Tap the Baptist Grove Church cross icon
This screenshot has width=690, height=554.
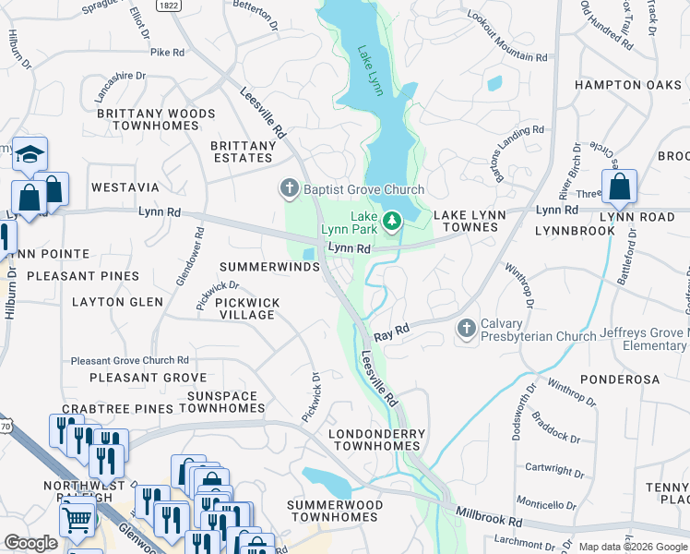(x=289, y=189)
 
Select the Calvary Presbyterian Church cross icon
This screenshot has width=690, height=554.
(x=467, y=329)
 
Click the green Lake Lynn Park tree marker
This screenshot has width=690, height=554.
(x=392, y=221)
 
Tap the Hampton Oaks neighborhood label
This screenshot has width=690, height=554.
(x=627, y=85)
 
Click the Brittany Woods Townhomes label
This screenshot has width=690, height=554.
(x=156, y=120)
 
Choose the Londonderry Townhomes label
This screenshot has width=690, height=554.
(x=377, y=440)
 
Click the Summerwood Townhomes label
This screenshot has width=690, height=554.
(x=332, y=511)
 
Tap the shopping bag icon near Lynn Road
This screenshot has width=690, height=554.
(x=620, y=187)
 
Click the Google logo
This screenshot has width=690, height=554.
(x=31, y=543)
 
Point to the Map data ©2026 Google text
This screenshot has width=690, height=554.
(x=632, y=547)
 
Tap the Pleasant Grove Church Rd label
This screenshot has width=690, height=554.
(x=130, y=360)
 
